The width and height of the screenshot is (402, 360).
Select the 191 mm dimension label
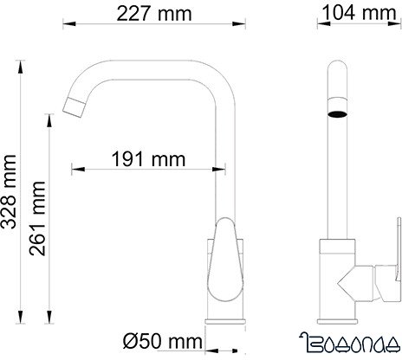[145, 160]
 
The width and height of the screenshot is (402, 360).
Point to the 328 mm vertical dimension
[11, 200]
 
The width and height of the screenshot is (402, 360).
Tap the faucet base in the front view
[337, 333]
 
